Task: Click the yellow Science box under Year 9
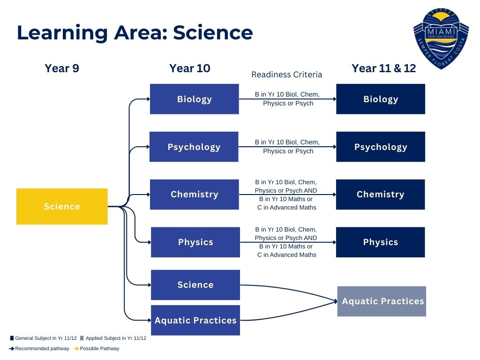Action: pyautogui.click(x=62, y=206)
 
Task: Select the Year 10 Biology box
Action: pyautogui.click(x=195, y=99)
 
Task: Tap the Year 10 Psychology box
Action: pyautogui.click(x=194, y=147)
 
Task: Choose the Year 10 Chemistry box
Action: pyautogui.click(x=195, y=195)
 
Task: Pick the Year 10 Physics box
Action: pyautogui.click(x=195, y=242)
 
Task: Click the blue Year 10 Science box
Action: pyautogui.click(x=195, y=285)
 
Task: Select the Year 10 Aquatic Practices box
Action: pyautogui.click(x=195, y=320)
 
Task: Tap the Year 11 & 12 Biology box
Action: pyautogui.click(x=381, y=99)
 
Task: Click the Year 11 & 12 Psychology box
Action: pyautogui.click(x=381, y=147)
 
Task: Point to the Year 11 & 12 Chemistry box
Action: pyautogui.click(x=381, y=195)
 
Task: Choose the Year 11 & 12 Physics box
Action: pyautogui.click(x=381, y=242)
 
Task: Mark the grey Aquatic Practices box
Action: pyautogui.click(x=382, y=301)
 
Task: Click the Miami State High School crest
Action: pyautogui.click(x=441, y=38)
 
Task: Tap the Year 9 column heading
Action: pyautogui.click(x=62, y=68)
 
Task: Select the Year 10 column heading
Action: pyautogui.click(x=190, y=68)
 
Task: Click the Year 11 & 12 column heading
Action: pyautogui.click(x=383, y=68)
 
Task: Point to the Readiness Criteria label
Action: pyautogui.click(x=286, y=75)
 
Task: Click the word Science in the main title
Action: pyautogui.click(x=213, y=32)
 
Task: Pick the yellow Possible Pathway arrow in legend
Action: pyautogui.click(x=76, y=348)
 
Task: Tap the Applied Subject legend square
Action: pyautogui.click(x=82, y=338)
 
